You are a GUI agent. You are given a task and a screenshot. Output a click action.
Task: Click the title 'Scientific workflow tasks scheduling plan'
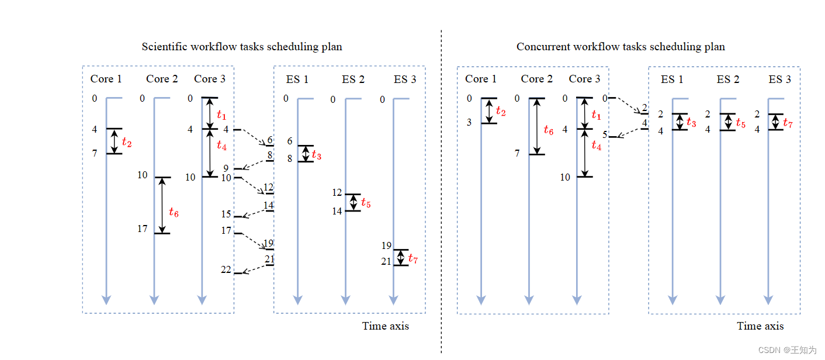(242, 47)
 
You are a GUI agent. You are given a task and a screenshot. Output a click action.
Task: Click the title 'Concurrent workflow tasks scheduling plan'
(621, 47)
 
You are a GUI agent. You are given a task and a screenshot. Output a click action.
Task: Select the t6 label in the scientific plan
(174, 213)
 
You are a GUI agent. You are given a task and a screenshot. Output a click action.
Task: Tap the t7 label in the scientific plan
(413, 258)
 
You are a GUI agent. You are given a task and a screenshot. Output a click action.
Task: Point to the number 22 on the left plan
(226, 269)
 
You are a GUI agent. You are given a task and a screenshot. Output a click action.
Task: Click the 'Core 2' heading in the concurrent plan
(536, 79)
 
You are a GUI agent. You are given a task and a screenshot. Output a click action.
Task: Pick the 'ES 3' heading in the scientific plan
(405, 79)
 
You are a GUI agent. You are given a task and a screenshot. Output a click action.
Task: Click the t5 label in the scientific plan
(366, 203)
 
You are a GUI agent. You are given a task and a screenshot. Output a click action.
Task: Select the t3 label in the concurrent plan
(691, 123)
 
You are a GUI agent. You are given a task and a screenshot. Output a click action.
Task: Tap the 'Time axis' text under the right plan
(760, 326)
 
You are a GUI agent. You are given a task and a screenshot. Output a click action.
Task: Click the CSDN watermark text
(787, 350)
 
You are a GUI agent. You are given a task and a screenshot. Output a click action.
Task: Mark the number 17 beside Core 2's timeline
(143, 229)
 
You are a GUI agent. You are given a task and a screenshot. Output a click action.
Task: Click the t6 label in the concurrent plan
(548, 130)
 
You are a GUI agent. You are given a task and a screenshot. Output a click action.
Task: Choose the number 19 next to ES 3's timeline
(386, 246)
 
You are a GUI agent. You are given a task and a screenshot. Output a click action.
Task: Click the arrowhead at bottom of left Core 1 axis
(106, 300)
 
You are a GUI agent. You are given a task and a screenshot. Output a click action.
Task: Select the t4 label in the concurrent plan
(596, 146)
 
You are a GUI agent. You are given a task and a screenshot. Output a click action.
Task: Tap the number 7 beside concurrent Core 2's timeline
(517, 154)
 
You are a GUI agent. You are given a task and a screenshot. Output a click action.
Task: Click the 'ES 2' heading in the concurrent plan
(728, 79)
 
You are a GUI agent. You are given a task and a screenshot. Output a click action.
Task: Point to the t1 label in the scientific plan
(221, 115)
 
